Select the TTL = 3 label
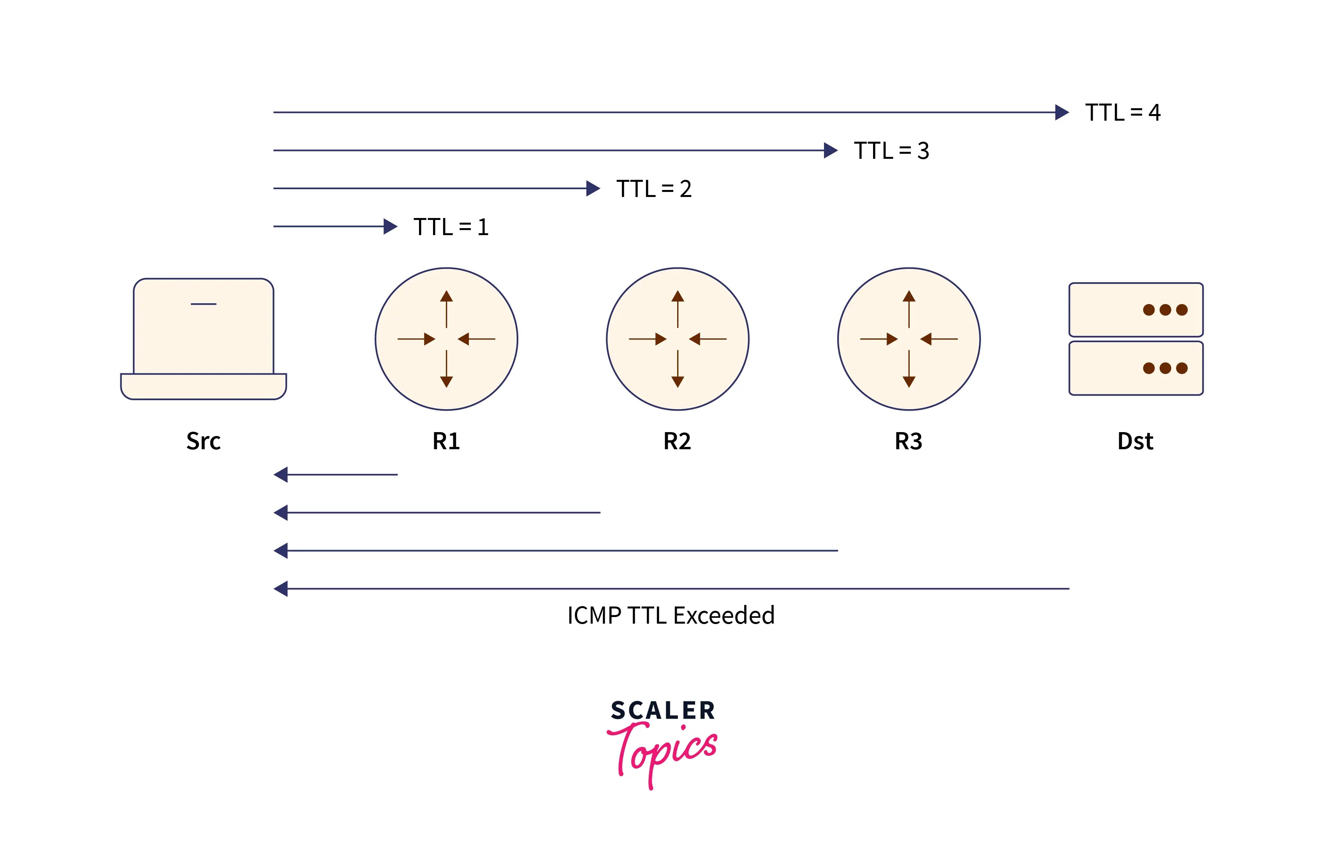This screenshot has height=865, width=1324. click(x=891, y=151)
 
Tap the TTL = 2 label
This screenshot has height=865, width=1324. click(x=654, y=189)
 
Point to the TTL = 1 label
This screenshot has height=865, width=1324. click(x=451, y=227)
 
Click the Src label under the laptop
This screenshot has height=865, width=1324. click(x=204, y=441)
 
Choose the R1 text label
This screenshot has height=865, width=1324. click(x=446, y=441)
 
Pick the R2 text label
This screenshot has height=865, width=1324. click(x=677, y=441)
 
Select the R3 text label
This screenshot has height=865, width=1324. click(x=908, y=441)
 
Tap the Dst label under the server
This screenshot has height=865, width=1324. click(x=1136, y=441)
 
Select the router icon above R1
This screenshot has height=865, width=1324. click(x=446, y=339)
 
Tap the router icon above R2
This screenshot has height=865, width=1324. click(x=678, y=339)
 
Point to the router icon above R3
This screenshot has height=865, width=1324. click(x=909, y=339)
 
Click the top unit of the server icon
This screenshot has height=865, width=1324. click(x=1136, y=310)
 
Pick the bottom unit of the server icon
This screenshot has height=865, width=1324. click(x=1136, y=368)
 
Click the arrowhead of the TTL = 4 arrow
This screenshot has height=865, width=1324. click(x=1062, y=113)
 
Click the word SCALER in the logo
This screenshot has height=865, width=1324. click(x=662, y=710)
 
